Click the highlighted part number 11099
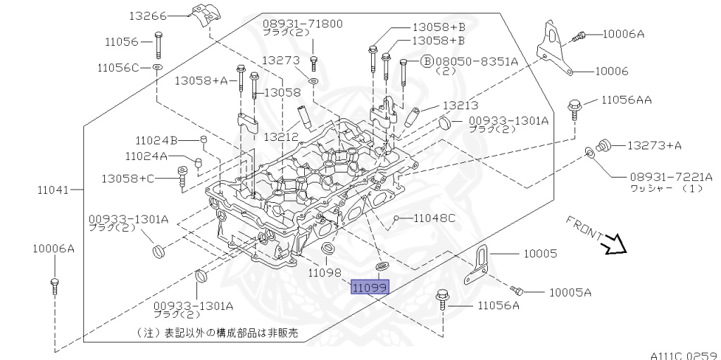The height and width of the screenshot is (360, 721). click(370, 288)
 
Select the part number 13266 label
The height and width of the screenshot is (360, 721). click(146, 15)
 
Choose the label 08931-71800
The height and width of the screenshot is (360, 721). click(303, 23)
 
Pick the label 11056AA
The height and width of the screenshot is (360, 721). click(626, 100)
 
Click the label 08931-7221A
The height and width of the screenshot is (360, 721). click(661, 177)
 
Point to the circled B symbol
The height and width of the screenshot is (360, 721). click(426, 61)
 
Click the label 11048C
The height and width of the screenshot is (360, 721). click(434, 218)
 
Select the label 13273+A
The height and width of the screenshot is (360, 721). click(654, 146)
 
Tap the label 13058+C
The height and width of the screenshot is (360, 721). click(127, 178)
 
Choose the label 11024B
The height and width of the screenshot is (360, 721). click(156, 139)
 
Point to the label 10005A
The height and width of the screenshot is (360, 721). click(570, 292)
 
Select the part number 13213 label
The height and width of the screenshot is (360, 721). click(460, 105)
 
